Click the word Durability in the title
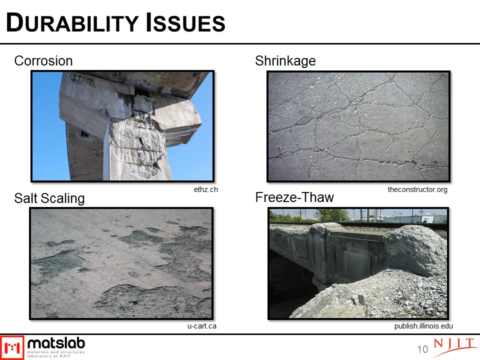[72, 22]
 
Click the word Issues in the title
[185, 22]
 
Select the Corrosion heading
[43, 60]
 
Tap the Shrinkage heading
[285, 61]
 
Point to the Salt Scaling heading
[49, 198]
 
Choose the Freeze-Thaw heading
[294, 197]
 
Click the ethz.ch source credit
[205, 189]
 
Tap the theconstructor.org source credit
[417, 189]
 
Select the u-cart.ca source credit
[201, 326]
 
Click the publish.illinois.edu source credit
[423, 326]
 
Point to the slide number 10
[422, 349]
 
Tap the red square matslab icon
[12, 347]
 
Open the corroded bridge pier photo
[122, 126]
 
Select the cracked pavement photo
[358, 126]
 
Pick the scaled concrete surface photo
[121, 263]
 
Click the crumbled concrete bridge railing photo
[358, 263]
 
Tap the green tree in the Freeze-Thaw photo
[332, 215]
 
